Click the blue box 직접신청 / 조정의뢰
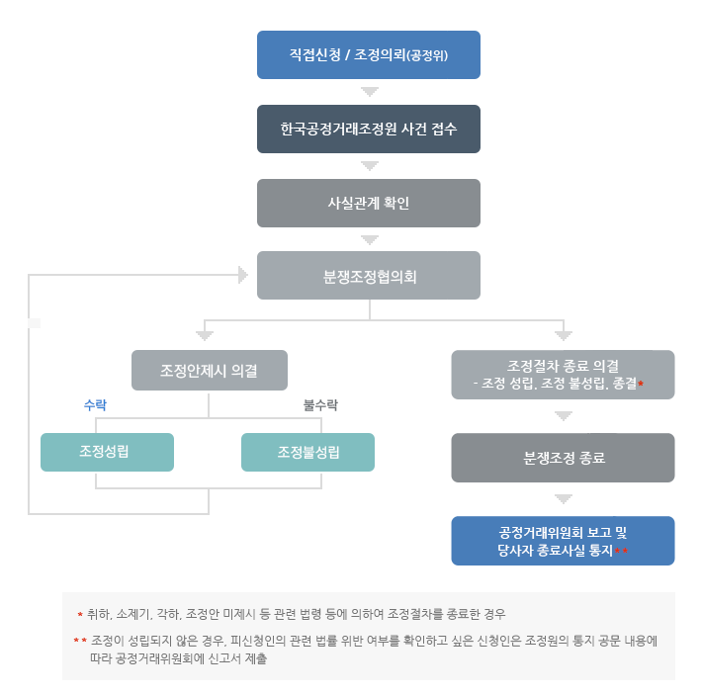pyautogui.click(x=368, y=54)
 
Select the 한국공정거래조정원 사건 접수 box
pyautogui.click(x=368, y=129)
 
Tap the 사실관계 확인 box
pyautogui.click(x=368, y=203)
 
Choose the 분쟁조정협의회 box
pyautogui.click(x=368, y=276)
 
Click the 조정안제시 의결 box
pyautogui.click(x=210, y=370)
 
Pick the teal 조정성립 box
pyautogui.click(x=107, y=452)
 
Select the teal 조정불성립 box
pyautogui.click(x=307, y=452)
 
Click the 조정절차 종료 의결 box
pyautogui.click(x=563, y=374)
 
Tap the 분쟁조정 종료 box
pyautogui.click(x=563, y=458)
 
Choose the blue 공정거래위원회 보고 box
pyautogui.click(x=563, y=541)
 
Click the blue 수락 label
pyautogui.click(x=95, y=405)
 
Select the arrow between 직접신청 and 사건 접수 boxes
pyautogui.click(x=369, y=92)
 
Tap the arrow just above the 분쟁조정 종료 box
pyautogui.click(x=563, y=416)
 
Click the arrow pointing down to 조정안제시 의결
pyautogui.click(x=205, y=335)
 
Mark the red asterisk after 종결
pyautogui.click(x=641, y=382)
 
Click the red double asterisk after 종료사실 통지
pyautogui.click(x=622, y=550)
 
